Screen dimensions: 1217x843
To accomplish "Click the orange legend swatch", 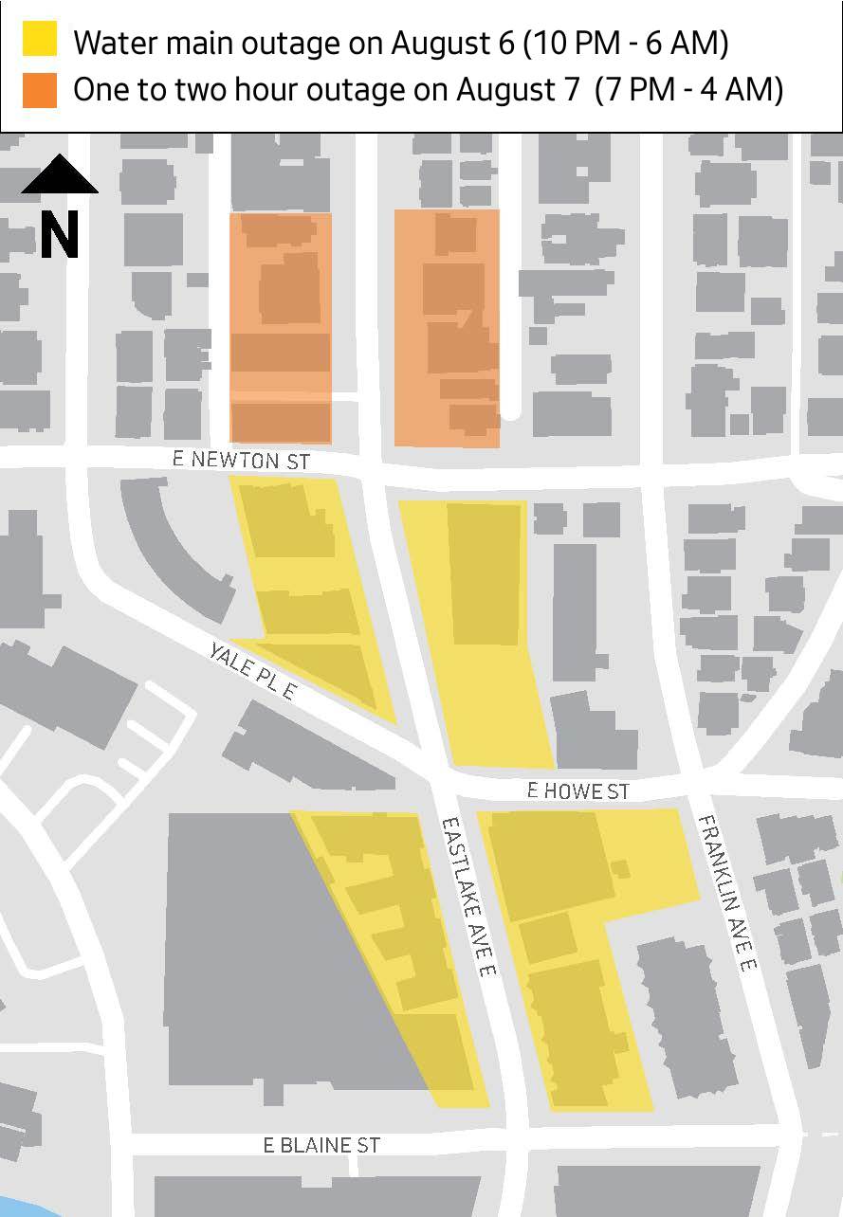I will tap(40, 89).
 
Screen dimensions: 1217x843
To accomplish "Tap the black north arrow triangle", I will tap(59, 175).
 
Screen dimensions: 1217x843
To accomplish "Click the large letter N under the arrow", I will tap(59, 235).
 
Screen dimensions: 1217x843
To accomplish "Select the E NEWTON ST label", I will tap(241, 461).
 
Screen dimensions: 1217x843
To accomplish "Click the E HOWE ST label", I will tap(577, 790).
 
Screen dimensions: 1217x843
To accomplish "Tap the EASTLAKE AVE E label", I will tap(467, 896).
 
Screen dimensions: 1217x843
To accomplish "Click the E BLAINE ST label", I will tap(321, 1145).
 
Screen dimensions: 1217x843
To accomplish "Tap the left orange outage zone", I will tap(281, 327).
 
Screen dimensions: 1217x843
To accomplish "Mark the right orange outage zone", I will tap(447, 328).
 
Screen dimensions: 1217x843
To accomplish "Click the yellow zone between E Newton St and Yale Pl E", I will tap(308, 588).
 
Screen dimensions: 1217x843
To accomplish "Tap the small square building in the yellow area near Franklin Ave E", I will tap(620, 867).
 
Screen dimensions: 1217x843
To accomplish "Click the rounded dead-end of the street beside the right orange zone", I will tap(511, 410).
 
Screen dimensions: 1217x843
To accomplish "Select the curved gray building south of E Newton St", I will tap(171, 540).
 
